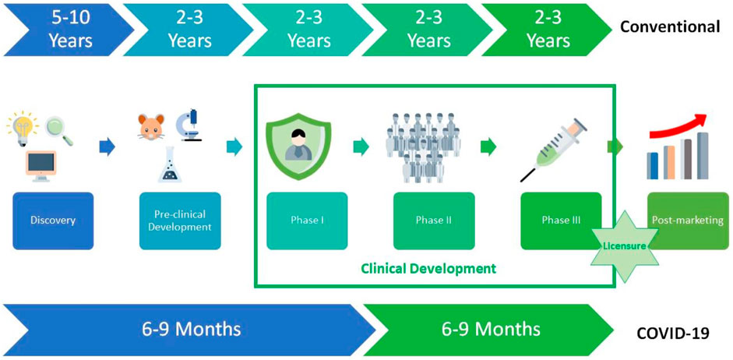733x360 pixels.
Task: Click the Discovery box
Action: (53, 221)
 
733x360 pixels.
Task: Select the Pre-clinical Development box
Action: (180, 221)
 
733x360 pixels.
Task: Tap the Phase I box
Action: (307, 221)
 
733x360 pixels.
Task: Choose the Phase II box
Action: (435, 221)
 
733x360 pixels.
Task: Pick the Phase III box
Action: (561, 221)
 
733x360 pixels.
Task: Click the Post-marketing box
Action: (688, 221)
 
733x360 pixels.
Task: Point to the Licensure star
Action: (624, 245)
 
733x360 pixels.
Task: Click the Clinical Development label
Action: (428, 269)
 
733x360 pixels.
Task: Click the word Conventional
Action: (670, 27)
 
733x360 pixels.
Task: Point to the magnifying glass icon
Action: (59, 131)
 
